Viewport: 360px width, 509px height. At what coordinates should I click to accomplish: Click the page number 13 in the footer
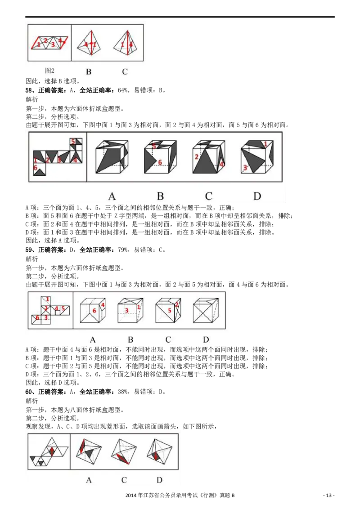[x=329, y=496]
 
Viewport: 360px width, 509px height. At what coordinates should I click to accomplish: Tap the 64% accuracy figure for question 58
[x=123, y=90]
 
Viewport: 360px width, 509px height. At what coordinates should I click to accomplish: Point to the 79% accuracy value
[x=123, y=250]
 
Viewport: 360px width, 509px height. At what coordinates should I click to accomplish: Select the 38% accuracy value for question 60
[x=123, y=392]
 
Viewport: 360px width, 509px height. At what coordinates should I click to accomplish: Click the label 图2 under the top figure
[x=49, y=71]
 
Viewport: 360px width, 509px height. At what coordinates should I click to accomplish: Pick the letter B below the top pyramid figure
[x=89, y=72]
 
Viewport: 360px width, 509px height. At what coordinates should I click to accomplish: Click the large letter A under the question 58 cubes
[x=112, y=196]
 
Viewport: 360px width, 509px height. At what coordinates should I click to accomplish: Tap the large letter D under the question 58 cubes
[x=257, y=196]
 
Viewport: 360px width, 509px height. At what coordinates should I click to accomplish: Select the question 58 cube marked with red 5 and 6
[x=160, y=157]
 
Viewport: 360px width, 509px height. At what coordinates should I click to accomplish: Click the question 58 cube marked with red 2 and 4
[x=209, y=157]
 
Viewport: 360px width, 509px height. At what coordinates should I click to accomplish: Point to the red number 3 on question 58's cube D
[x=245, y=168]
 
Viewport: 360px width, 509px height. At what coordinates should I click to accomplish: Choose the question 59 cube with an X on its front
[x=206, y=311]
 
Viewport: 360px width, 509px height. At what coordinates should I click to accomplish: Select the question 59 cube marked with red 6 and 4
[x=93, y=311]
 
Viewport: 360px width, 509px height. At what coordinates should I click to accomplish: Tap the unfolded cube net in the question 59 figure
[x=50, y=310]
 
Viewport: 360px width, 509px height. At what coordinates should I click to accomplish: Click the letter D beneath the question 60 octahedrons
[x=160, y=480]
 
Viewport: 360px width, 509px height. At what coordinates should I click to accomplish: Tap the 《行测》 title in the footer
[x=209, y=496]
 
